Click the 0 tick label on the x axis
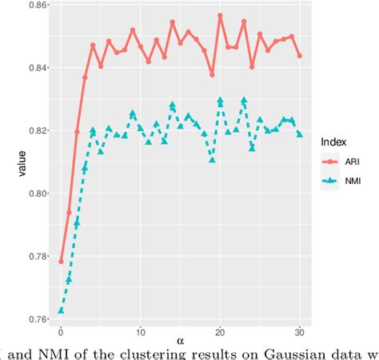click(61, 330)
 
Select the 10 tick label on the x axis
click(140, 330)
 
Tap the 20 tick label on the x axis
click(220, 330)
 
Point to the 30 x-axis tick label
click(299, 330)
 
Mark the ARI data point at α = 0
click(61, 262)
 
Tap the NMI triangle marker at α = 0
click(61, 310)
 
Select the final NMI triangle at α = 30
click(299, 134)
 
